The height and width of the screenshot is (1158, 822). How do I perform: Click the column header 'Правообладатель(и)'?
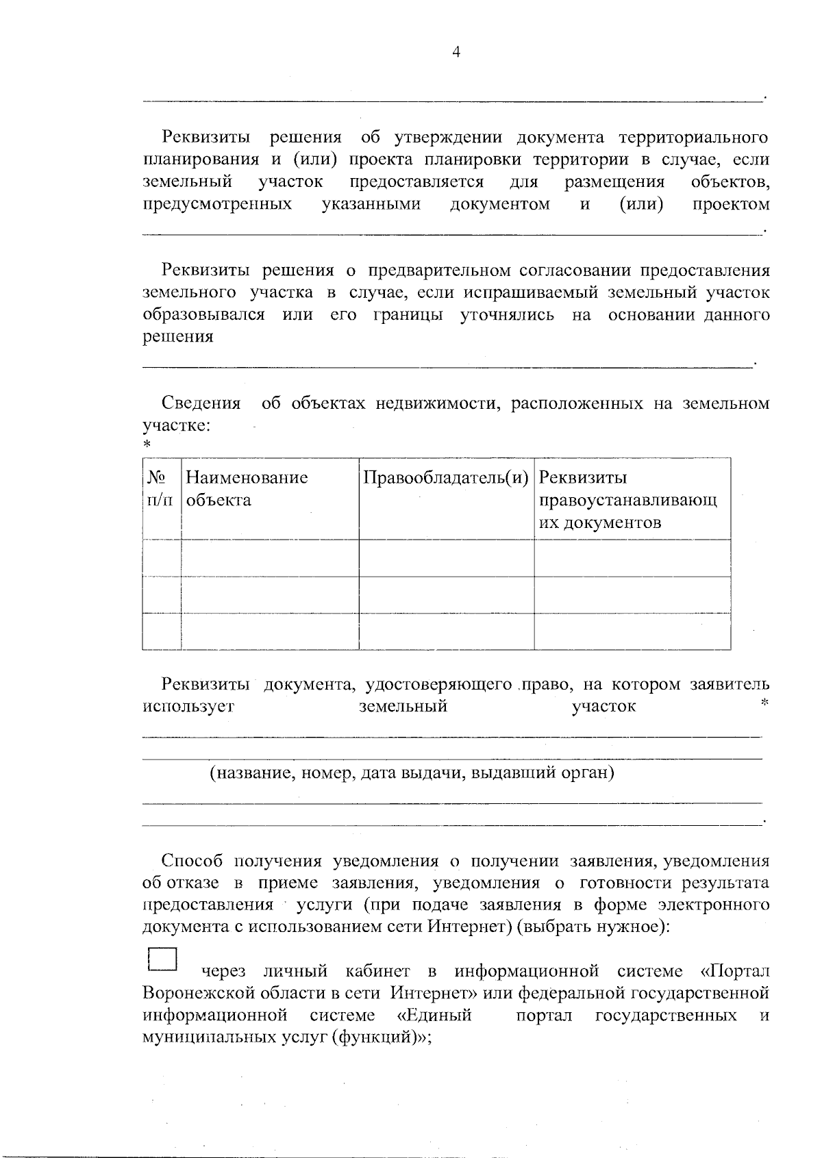(446, 477)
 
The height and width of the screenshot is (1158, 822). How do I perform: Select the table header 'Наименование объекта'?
(247, 488)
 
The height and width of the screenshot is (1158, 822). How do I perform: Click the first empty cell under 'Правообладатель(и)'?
(446, 557)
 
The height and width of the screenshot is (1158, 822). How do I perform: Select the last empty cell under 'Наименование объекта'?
(269, 631)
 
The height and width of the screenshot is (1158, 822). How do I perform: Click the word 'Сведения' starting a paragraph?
(201, 403)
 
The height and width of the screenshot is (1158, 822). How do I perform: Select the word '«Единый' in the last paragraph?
(434, 1015)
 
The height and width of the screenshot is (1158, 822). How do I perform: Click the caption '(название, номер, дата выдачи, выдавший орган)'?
(412, 773)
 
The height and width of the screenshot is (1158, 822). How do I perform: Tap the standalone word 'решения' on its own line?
(177, 337)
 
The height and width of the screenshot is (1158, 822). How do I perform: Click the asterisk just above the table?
(147, 446)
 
